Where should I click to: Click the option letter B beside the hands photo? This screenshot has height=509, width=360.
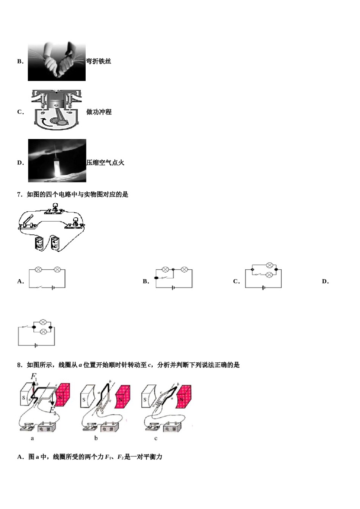pos(20,61)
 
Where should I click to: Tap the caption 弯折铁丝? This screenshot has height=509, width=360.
pos(99,61)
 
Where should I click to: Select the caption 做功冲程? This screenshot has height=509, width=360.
pos(99,112)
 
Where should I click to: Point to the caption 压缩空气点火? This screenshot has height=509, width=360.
pos(105,163)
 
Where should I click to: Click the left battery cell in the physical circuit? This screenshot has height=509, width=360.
pos(39,243)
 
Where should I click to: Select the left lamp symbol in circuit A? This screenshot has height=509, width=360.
pos(38,270)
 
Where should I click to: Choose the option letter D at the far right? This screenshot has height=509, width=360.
pos(325,281)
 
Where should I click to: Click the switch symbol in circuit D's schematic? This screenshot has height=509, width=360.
pos(25,326)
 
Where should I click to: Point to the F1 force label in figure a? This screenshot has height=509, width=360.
pos(34,377)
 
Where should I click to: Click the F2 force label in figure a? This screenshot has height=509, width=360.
pos(53,410)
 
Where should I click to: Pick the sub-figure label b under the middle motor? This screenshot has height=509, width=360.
pos(96,438)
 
